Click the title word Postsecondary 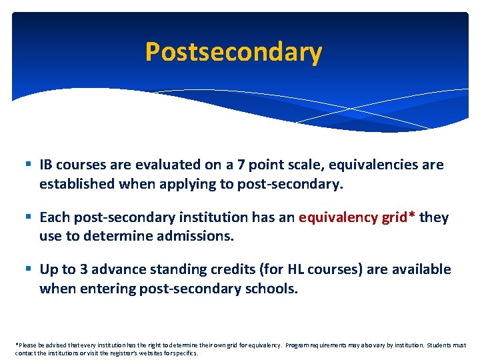click(x=233, y=51)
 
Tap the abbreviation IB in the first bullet click(x=46, y=164)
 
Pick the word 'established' click(x=77, y=183)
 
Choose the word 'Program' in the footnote click(x=299, y=345)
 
